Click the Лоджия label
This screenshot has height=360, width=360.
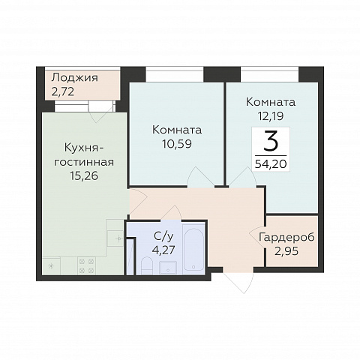point(74,79)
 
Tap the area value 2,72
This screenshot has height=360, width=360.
point(63,92)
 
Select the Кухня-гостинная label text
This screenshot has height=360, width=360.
point(84,155)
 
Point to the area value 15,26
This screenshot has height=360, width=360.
point(84,176)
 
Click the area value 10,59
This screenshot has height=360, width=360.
point(177,144)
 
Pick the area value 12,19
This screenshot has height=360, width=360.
point(271,116)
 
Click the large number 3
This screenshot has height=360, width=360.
point(271,142)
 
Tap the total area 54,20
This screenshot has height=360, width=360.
point(271,164)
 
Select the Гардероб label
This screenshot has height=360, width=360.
point(286,237)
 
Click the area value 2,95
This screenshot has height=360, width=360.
point(286,251)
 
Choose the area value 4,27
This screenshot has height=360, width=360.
point(163,250)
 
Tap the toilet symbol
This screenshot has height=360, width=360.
point(147,266)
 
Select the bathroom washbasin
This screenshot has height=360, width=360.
point(168,268)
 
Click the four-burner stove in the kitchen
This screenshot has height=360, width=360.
point(86,266)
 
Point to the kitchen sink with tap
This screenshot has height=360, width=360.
point(115,238)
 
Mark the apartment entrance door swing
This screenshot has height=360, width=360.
point(238,283)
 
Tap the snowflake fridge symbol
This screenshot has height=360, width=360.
point(51,266)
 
